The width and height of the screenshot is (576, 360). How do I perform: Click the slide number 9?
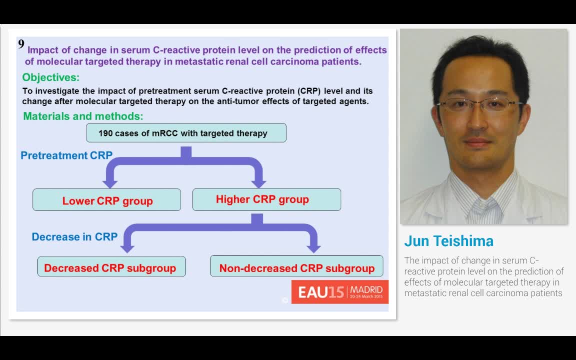[x=21, y=44]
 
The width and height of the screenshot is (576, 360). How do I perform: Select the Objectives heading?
[x=50, y=77]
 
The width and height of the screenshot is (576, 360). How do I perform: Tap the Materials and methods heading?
[x=83, y=116]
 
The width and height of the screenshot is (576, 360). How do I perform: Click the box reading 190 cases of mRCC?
[x=186, y=133]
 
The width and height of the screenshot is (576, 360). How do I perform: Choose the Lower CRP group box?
[x=106, y=200]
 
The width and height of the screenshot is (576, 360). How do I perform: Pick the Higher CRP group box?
[x=266, y=199]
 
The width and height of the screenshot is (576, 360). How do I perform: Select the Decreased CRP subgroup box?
[x=111, y=267]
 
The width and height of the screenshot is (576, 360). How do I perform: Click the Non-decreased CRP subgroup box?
[x=296, y=267]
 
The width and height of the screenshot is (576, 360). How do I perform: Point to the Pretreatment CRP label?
[x=66, y=155]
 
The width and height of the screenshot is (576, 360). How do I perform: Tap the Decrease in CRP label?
[x=74, y=236]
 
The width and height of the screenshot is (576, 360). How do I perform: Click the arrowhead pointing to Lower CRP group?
[x=110, y=182]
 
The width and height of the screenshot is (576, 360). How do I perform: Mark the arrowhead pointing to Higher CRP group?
[x=258, y=182]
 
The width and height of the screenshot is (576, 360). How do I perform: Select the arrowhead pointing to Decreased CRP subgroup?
[x=127, y=248]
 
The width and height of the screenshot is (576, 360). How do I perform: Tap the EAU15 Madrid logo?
[x=340, y=291]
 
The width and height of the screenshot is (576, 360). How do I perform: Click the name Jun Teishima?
[x=448, y=241]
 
